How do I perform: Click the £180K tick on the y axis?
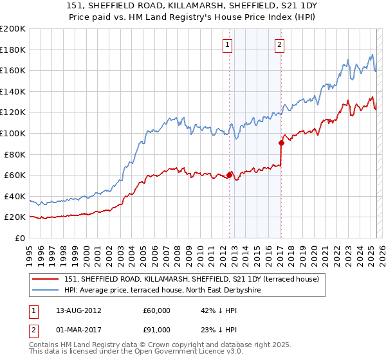pyautogui.click(x=13, y=50)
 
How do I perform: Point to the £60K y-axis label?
pyautogui.click(x=15, y=175)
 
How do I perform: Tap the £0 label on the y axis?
pyautogui.click(x=20, y=238)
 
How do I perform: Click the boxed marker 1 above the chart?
pyautogui.click(x=228, y=44)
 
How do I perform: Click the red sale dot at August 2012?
pyautogui.click(x=229, y=174)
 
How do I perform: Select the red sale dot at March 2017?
pyautogui.click(x=281, y=143)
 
